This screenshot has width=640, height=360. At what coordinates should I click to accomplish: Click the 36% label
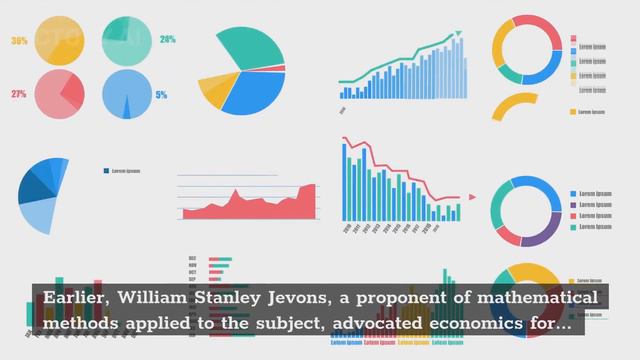pos(19,41)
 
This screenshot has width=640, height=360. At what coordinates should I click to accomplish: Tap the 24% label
pos(167,40)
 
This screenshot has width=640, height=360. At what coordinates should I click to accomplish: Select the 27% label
pos(19,94)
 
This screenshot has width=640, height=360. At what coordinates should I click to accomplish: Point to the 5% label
pos(161,95)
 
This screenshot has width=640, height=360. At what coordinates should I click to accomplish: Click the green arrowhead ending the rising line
pos(459,35)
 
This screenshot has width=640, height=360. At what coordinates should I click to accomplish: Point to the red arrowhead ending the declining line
pos(459,198)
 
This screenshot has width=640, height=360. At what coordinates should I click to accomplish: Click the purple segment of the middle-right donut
pos(541,232)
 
